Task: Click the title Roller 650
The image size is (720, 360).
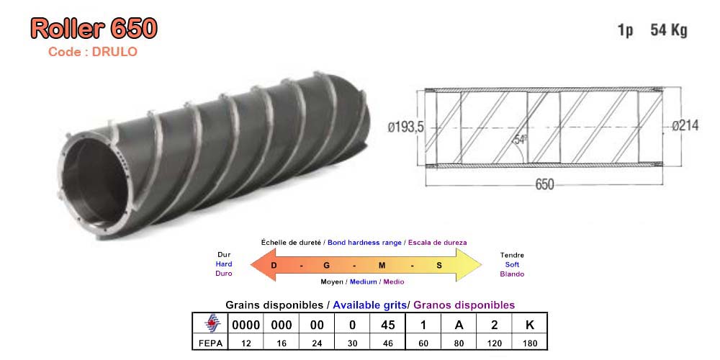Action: pyautogui.click(x=94, y=29)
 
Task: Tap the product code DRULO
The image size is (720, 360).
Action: pyautogui.click(x=114, y=52)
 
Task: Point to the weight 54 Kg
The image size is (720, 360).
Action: pyautogui.click(x=669, y=30)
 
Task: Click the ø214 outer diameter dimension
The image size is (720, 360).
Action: pyautogui.click(x=685, y=125)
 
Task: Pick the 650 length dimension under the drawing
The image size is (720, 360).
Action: pyautogui.click(x=544, y=184)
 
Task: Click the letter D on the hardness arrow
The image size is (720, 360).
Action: pyautogui.click(x=274, y=265)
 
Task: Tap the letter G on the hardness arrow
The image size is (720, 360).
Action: pyautogui.click(x=327, y=265)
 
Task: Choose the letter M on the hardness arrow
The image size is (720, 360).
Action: pyautogui.click(x=382, y=265)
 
